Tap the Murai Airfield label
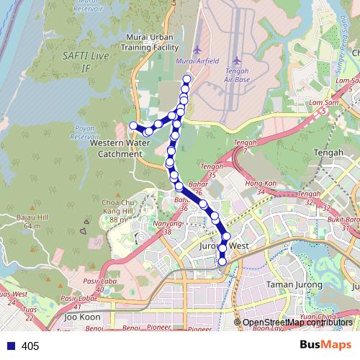pyautogui.click(x=197, y=61)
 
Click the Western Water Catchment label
pyautogui.click(x=121, y=148)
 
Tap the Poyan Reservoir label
pyautogui.click(x=86, y=132)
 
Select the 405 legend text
pyautogui.click(x=30, y=346)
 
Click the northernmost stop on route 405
pyautogui.click(x=187, y=78)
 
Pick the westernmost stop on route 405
pyautogui.click(x=132, y=126)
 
